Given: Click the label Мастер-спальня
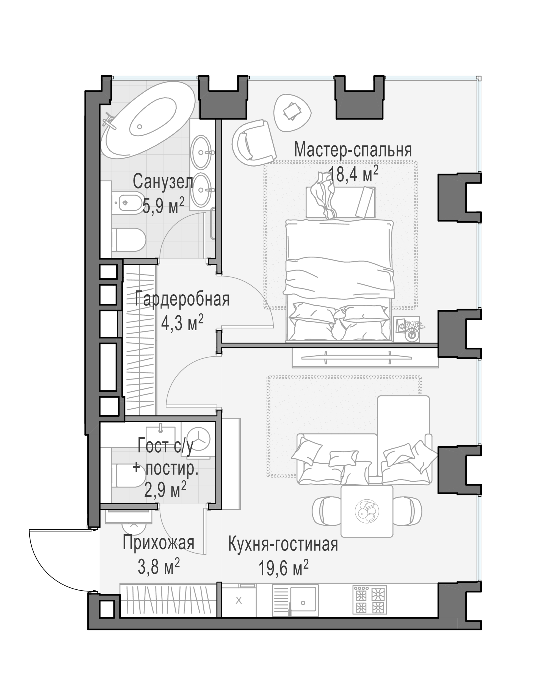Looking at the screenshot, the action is (x=353, y=150).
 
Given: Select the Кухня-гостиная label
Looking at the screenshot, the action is (x=283, y=544).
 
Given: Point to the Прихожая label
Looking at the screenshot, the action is (x=158, y=543).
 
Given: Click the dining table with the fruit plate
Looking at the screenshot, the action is (x=367, y=511).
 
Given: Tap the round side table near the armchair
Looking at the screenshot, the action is (x=293, y=112).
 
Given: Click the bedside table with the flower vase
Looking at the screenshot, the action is (x=406, y=329).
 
